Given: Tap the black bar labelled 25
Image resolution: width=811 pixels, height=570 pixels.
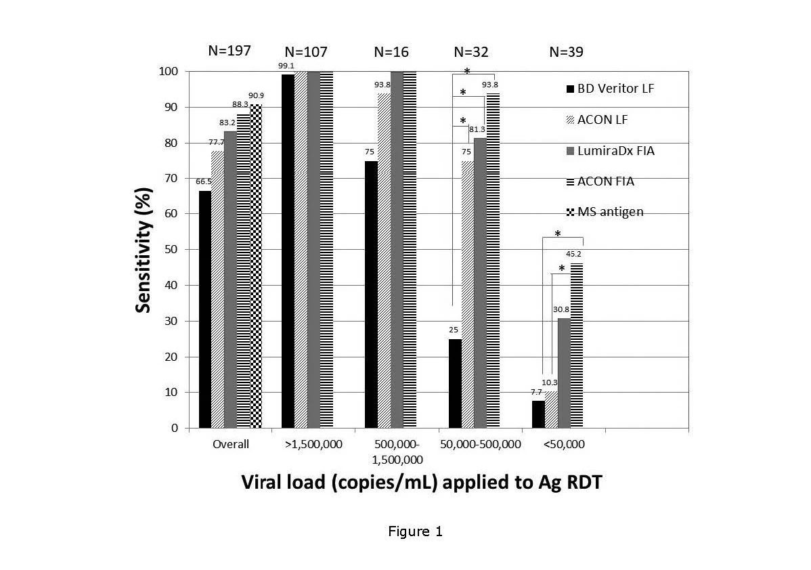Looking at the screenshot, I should (x=455, y=383).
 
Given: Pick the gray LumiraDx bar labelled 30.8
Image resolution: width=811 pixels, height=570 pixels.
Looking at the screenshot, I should (x=564, y=373).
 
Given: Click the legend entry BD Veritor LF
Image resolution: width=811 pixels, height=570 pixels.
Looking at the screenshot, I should (x=607, y=89).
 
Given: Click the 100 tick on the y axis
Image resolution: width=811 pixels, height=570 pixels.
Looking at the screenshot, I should (x=173, y=72).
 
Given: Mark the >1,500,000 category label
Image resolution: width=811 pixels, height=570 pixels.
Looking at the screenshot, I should (x=313, y=445).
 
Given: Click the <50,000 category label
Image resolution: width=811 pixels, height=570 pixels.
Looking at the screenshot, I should (x=563, y=445).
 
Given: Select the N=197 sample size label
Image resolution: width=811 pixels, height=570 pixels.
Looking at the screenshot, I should (x=229, y=51).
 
